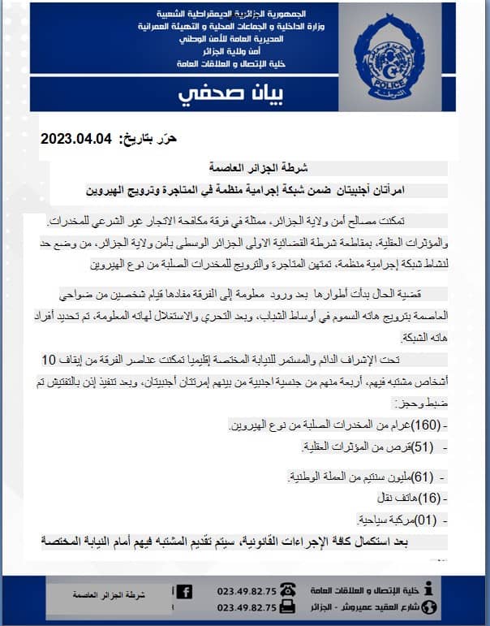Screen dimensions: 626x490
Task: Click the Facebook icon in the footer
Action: tap(184, 592)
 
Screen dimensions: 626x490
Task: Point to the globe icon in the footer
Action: tap(429, 607)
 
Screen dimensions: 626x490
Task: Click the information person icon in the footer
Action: tap(430, 590)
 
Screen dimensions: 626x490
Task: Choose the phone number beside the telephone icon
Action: tap(247, 592)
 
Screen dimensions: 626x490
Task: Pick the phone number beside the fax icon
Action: tap(247, 608)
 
